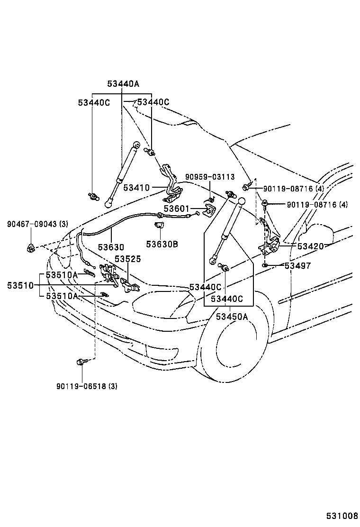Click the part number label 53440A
click(123, 84)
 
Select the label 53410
click(136, 188)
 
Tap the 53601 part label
click(177, 209)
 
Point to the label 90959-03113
click(210, 177)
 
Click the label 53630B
click(162, 244)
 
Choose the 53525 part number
click(128, 259)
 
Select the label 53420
click(311, 246)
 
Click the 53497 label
click(298, 266)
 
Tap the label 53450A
click(232, 316)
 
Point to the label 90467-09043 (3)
click(37, 224)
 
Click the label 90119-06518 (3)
click(87, 386)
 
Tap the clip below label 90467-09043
click(31, 248)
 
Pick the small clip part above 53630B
click(159, 225)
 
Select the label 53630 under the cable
click(111, 247)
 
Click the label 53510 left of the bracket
click(20, 286)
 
